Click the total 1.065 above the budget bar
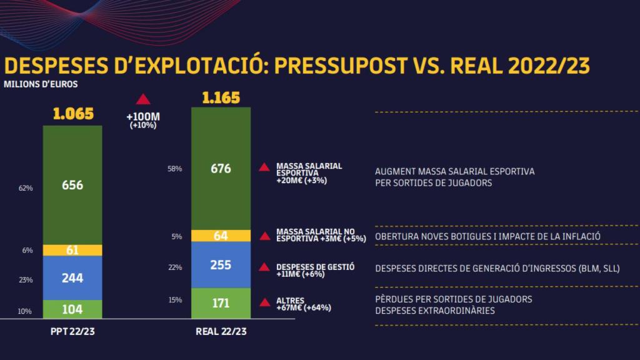pos(72,114)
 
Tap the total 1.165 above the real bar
pos(221,97)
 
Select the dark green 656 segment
pos(72,185)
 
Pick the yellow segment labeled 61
pos(72,250)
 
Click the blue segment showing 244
pos(72,278)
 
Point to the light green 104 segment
pos(72,309)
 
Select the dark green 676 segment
pos(221,169)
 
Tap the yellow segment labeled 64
pos(221,236)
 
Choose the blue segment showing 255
pos(221,265)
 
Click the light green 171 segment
pos(221,304)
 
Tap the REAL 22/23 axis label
pos(221,331)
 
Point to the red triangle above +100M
pos(143,99)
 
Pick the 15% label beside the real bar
pos(175,300)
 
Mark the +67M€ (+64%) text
pos(303,307)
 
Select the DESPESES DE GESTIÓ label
pos(315,267)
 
